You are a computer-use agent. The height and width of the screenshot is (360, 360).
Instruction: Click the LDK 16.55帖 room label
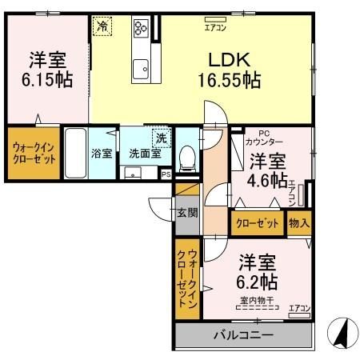229,70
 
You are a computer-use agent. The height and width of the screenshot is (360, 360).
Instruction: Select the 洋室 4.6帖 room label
266,170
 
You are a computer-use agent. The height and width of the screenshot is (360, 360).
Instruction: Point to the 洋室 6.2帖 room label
256,271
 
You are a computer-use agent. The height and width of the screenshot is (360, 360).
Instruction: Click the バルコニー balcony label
243,335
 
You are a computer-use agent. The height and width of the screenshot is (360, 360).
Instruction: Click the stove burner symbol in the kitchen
142,29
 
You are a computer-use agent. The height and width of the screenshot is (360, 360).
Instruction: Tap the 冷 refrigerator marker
102,26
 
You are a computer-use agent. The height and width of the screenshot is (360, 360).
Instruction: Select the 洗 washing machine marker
162,137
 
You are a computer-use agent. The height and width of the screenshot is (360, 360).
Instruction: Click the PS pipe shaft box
166,174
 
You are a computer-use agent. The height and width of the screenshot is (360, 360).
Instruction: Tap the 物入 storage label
300,223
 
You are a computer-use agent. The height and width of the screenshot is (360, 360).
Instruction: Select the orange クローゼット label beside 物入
256,223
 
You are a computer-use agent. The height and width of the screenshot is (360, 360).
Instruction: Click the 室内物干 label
256,301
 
